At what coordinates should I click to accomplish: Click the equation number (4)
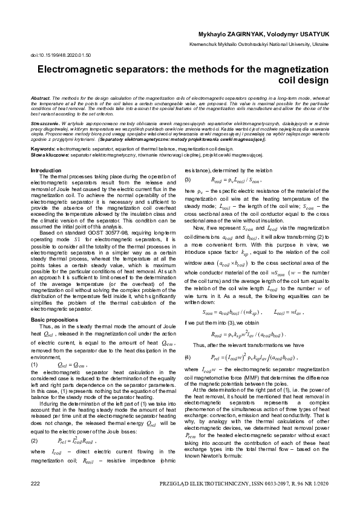(188, 357)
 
